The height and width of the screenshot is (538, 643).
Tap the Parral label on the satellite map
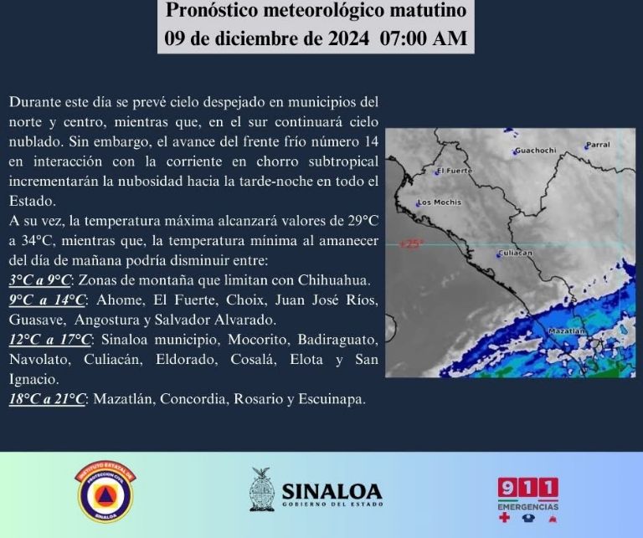(598, 145)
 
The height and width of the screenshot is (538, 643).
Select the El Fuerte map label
(455, 171)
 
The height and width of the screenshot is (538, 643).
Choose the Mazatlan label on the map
(568, 332)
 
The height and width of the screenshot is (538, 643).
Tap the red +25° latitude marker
(411, 244)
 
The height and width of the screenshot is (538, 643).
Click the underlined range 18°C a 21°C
(48, 399)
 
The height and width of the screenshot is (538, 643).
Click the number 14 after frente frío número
(371, 140)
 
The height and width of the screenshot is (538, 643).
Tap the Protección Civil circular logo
(105, 494)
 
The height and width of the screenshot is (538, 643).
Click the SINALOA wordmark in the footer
(332, 491)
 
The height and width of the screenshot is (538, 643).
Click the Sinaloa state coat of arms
(262, 489)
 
